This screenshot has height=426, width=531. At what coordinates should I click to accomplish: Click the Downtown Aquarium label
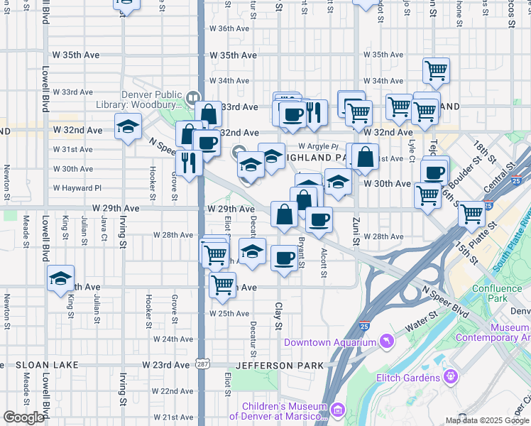[x=329, y=343]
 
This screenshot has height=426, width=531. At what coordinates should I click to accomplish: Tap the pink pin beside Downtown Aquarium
[x=386, y=342]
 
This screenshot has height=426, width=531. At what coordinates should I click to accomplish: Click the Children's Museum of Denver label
[x=284, y=411]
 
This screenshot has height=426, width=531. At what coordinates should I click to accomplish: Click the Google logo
[x=23, y=417]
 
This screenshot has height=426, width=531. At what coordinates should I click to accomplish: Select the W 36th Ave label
[x=229, y=28]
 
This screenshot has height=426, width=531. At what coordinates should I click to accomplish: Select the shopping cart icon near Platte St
[x=471, y=214]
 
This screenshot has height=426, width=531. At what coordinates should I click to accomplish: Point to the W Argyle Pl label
[x=322, y=147]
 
